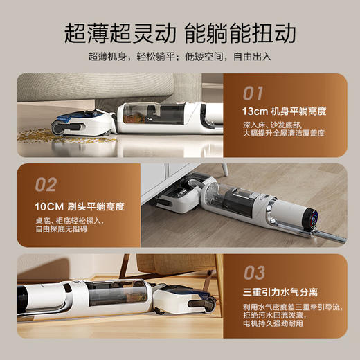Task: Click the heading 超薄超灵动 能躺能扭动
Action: pyautogui.click(x=180, y=32)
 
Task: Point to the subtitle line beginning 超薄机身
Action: pyautogui.click(x=180, y=56)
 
